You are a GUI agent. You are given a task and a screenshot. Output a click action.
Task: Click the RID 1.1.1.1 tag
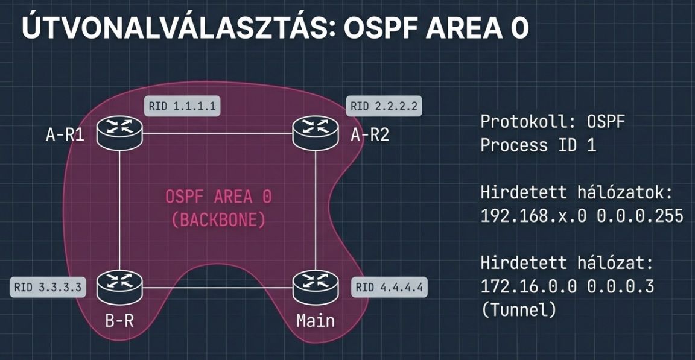[180, 107]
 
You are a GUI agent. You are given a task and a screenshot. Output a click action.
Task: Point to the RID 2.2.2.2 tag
[384, 107]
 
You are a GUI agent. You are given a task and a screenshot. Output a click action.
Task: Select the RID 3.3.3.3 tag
[47, 286]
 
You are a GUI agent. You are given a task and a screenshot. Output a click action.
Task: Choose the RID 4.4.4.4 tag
[390, 287]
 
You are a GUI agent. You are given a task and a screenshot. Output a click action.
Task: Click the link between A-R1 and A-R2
[217, 133]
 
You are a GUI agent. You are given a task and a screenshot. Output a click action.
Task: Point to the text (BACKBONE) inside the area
[218, 219]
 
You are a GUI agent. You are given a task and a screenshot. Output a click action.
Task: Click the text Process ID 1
[538, 145]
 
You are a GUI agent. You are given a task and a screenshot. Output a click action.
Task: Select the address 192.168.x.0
[533, 216]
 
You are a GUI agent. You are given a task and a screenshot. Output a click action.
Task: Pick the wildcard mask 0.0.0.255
[640, 216]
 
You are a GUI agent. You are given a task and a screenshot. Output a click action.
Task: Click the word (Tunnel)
[518, 310]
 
